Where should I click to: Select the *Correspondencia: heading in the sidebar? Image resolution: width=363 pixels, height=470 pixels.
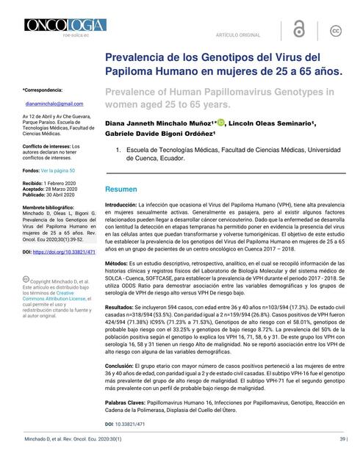[43, 89]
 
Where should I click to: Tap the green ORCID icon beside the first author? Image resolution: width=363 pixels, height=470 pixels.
[220, 123]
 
